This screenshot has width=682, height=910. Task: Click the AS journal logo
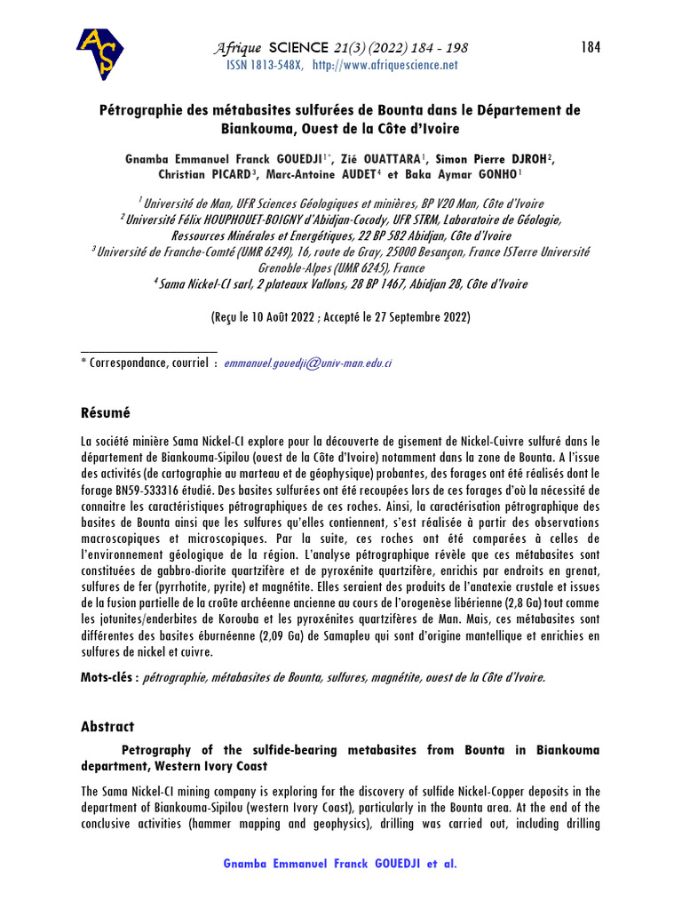(100, 53)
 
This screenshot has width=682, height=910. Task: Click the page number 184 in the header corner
(591, 47)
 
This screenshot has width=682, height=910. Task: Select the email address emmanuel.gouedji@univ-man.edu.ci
(308, 363)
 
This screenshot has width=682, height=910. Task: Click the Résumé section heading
(106, 412)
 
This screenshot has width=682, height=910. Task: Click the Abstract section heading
(107, 726)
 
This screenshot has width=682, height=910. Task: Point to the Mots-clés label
(110, 677)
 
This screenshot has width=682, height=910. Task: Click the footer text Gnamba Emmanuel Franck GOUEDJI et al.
(341, 864)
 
